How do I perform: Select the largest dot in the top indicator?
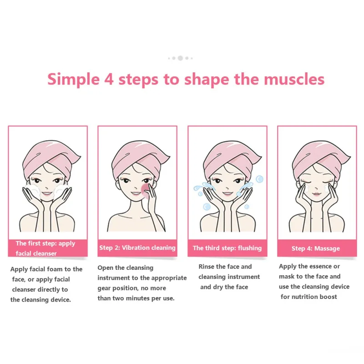180,58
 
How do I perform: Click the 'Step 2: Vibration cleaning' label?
137,248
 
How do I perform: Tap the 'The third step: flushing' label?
227,248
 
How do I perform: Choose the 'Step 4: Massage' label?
315,248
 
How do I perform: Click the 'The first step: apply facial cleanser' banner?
47,248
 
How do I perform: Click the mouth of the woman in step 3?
227,195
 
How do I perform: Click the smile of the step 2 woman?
135,195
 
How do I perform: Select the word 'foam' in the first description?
63,269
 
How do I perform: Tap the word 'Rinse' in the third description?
207,267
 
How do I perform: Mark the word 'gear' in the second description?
105,288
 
